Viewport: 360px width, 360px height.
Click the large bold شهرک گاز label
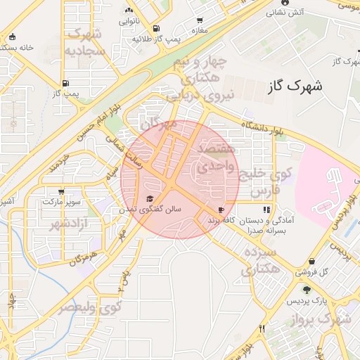click(295, 87)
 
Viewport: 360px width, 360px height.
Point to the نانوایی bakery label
click(128, 22)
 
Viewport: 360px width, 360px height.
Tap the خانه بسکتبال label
click(19, 47)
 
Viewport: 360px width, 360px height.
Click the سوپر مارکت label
click(60, 202)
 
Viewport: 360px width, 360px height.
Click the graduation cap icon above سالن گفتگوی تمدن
click(149, 198)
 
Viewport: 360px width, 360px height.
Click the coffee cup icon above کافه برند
click(222, 210)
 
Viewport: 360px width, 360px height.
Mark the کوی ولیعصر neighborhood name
click(89, 308)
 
